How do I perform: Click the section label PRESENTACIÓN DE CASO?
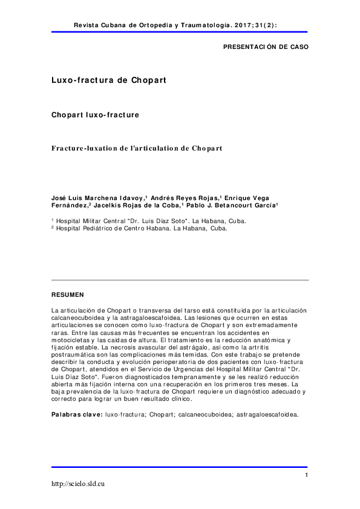pyautogui.click(x=266, y=47)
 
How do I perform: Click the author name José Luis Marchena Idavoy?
pyautogui.click(x=97, y=198)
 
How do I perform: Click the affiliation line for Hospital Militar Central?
pyautogui.click(x=149, y=221)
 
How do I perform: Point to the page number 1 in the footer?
pyautogui.click(x=307, y=475)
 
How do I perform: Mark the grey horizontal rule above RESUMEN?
pyautogui.click(x=180, y=280)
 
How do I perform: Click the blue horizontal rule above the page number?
pyautogui.click(x=180, y=467)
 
